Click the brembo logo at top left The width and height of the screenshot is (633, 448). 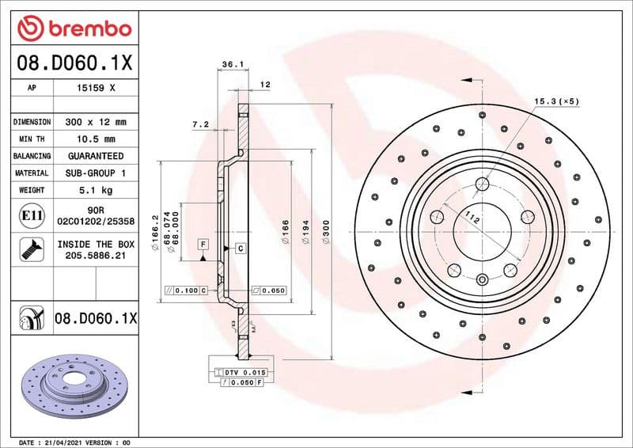(x=73, y=29)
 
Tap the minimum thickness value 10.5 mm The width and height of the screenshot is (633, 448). (x=96, y=139)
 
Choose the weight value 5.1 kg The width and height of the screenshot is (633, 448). (x=96, y=190)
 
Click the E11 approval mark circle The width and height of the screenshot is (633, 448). (x=31, y=215)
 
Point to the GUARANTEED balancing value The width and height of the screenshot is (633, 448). (x=96, y=156)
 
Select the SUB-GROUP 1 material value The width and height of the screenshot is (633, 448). (x=96, y=173)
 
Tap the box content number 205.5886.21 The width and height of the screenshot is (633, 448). (x=96, y=256)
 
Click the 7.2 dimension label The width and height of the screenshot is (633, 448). (x=200, y=124)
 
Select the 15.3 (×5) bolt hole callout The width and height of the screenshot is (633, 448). (x=557, y=101)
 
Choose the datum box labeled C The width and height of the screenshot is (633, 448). (x=240, y=249)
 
